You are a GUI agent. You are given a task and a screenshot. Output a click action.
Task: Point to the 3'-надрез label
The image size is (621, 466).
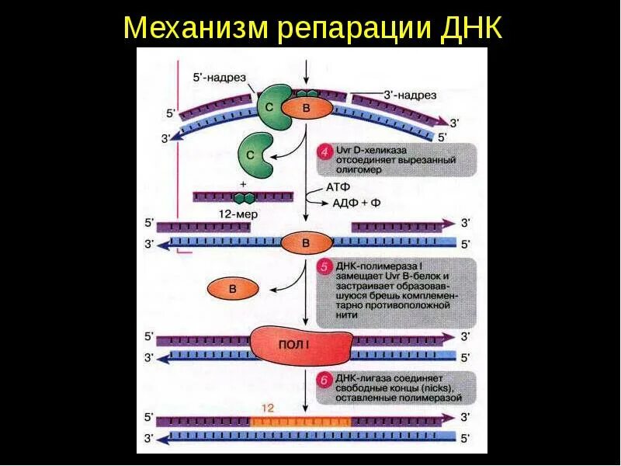410,95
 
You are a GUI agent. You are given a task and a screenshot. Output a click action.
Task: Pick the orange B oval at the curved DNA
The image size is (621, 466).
306,109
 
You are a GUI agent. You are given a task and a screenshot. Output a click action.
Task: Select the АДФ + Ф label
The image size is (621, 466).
357,203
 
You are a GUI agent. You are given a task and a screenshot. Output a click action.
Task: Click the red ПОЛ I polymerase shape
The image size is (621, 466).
299,346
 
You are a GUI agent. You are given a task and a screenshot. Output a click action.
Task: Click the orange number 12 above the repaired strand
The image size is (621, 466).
268,407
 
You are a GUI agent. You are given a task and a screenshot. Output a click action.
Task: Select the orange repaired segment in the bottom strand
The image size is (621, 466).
300,421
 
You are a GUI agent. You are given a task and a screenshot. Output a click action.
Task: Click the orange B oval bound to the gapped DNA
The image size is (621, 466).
305,243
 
